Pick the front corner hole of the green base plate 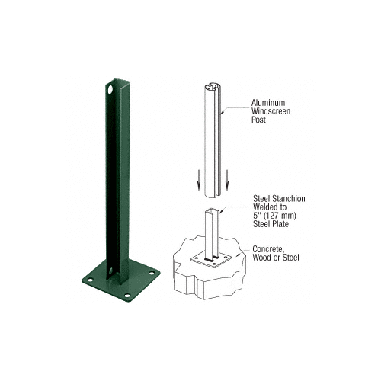(127, 295)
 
